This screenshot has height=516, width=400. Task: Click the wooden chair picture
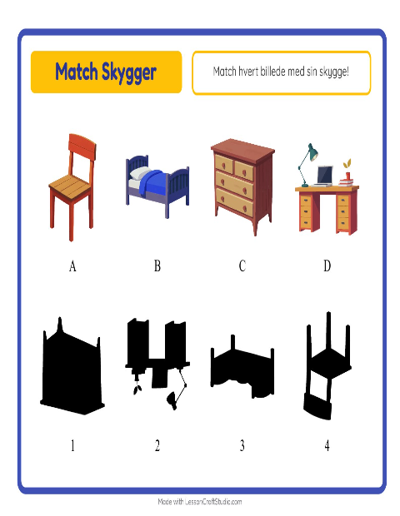[x=72, y=187]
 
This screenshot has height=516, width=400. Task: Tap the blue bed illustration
[x=157, y=186]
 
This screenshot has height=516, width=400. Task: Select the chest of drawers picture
[x=242, y=186]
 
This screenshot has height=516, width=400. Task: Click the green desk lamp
[x=307, y=165]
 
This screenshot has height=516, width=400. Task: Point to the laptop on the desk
[x=324, y=176]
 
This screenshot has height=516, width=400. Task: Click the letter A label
[x=72, y=265]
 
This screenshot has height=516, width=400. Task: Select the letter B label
[x=157, y=265]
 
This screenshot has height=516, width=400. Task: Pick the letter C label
[x=242, y=265]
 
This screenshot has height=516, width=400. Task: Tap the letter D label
[x=327, y=265]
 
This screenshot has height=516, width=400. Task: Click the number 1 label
[x=72, y=445]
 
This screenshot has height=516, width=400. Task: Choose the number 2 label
[x=157, y=445]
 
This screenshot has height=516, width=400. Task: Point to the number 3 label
[x=242, y=445]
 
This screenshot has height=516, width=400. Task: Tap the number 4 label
[x=327, y=445]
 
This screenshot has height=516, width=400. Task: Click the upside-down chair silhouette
[x=328, y=365]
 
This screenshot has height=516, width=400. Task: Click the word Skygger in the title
[x=128, y=72]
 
